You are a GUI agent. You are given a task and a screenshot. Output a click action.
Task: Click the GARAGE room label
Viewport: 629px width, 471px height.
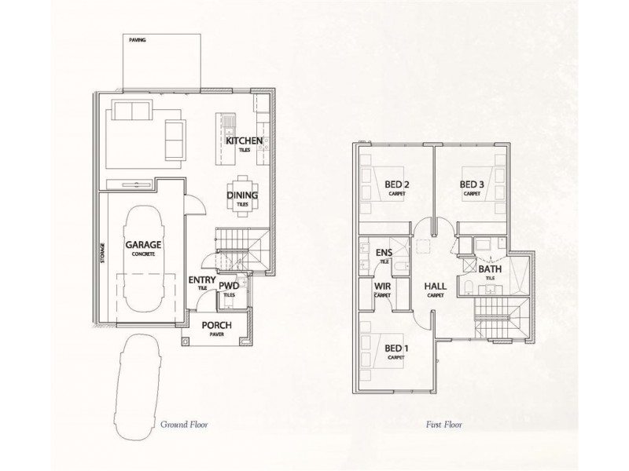[143, 245]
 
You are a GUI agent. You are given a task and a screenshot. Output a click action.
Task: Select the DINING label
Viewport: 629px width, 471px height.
[241, 195]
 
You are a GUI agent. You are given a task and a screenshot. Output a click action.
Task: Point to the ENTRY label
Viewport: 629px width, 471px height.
[201, 279]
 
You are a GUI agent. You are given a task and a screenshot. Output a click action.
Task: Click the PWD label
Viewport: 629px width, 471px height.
[228, 287]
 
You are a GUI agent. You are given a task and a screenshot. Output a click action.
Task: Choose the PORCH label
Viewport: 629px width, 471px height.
[215, 325]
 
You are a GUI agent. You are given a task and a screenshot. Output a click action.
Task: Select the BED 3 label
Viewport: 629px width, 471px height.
[472, 185]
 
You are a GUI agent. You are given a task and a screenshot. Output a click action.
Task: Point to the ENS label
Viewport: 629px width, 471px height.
[384, 253]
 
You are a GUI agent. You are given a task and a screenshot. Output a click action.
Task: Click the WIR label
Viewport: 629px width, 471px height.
[382, 287]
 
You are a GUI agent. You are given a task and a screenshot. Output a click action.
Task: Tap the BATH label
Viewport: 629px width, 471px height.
[490, 269]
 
